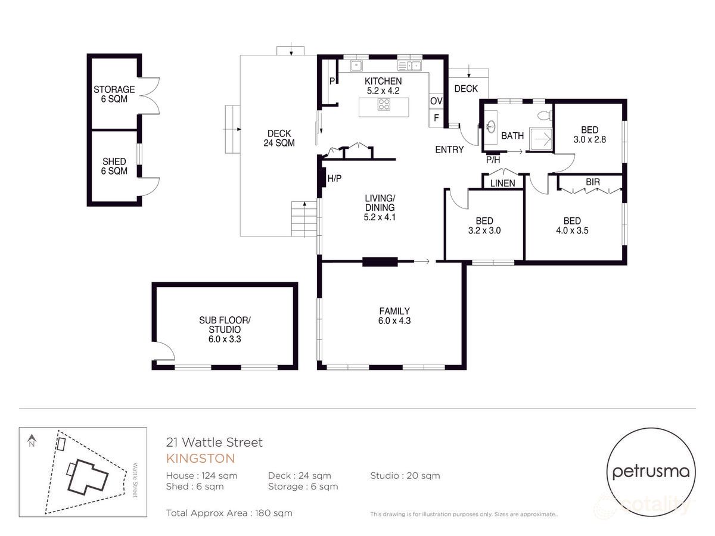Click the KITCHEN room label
[x=383, y=81]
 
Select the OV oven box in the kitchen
[x=436, y=101]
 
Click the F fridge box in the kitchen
[x=436, y=118]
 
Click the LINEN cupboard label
[x=502, y=183]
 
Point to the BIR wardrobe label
[x=592, y=181]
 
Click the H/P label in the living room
[x=334, y=178]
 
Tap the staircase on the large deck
[x=303, y=219]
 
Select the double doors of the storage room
[x=151, y=95]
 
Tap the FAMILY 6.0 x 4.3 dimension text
[x=394, y=320]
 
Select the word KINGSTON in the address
[x=200, y=459]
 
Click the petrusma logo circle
[x=651, y=472]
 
